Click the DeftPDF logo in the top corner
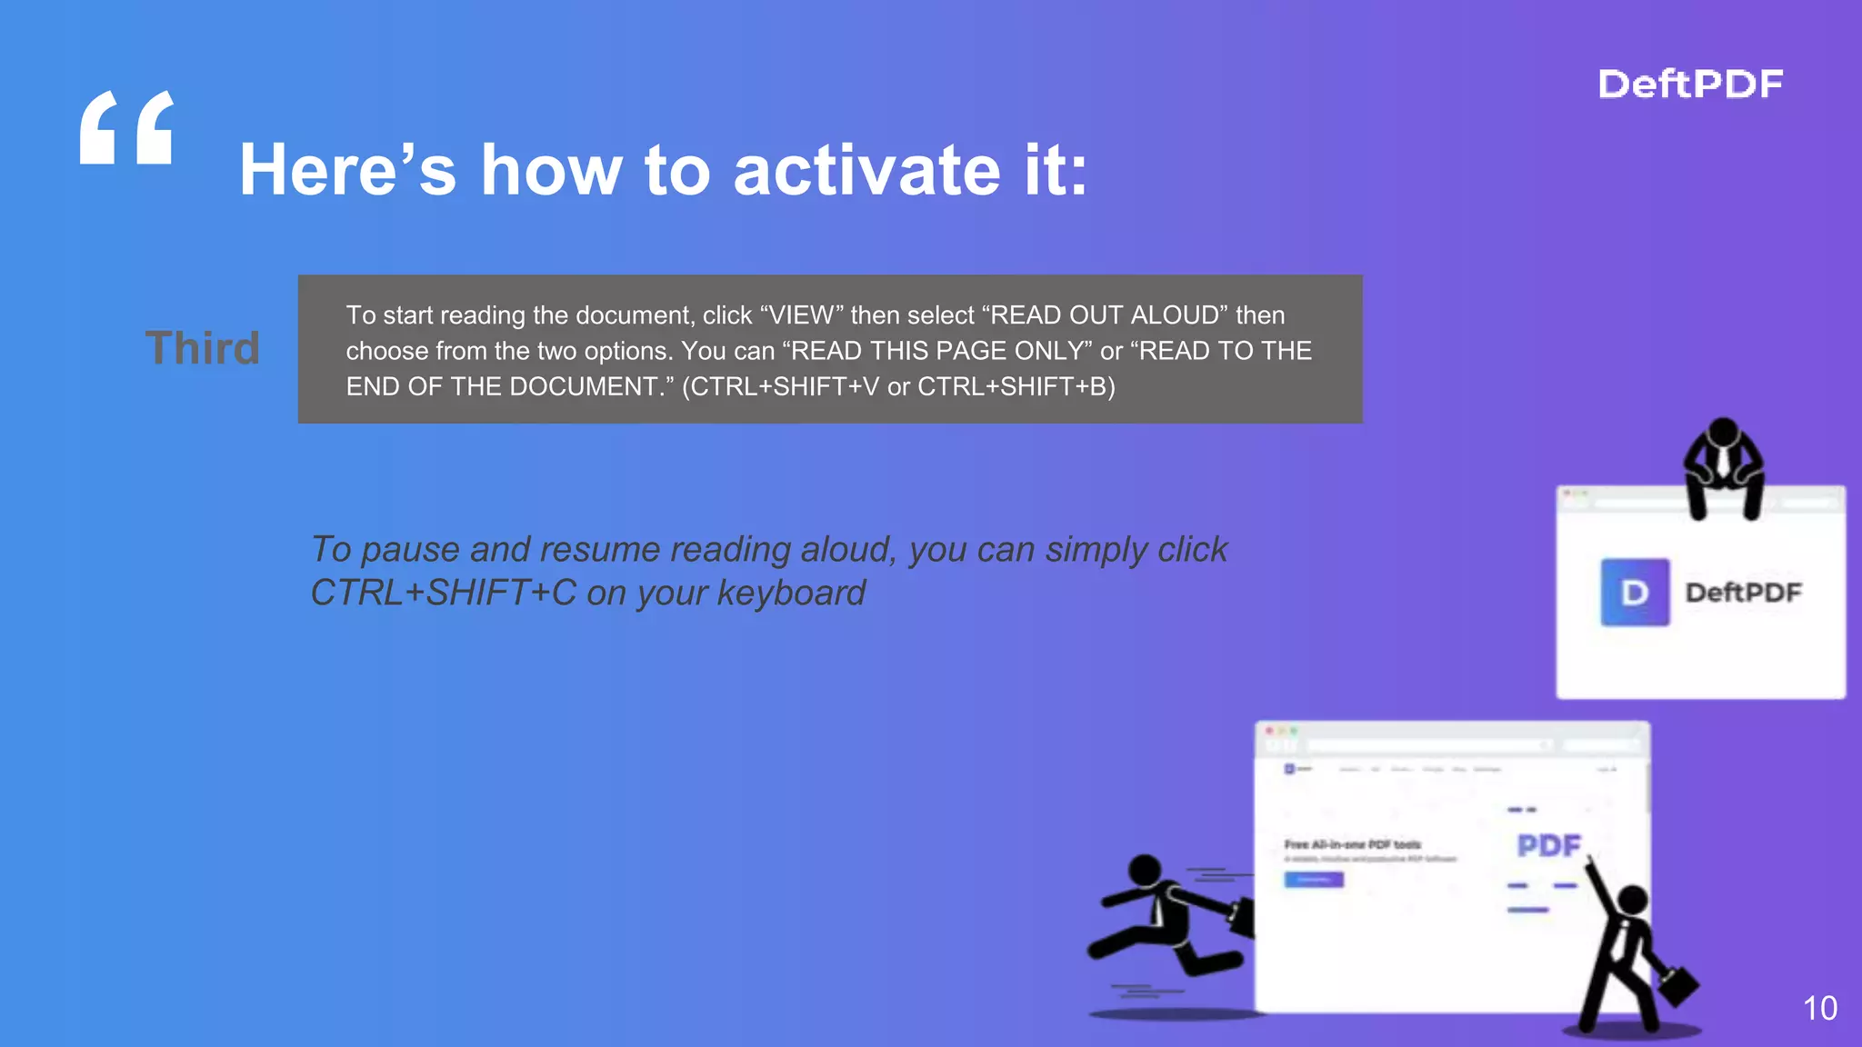(x=1690, y=84)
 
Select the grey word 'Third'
(x=203, y=348)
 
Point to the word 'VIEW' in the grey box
(x=801, y=315)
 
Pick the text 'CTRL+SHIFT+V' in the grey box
(x=785, y=387)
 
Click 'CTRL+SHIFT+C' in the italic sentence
(x=443, y=593)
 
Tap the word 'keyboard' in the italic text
(x=791, y=593)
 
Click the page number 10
(x=1819, y=1008)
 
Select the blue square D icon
(x=1635, y=593)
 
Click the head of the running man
(x=1144, y=870)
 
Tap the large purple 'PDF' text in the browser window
(x=1548, y=845)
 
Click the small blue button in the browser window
(x=1313, y=880)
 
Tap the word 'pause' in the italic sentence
(x=410, y=550)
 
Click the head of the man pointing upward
(x=1633, y=900)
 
